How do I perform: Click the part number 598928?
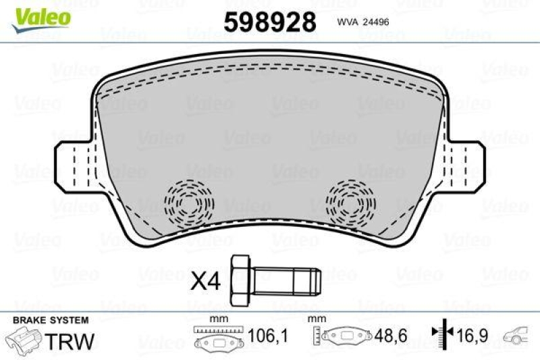point(270,22)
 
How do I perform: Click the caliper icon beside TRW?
point(22,339)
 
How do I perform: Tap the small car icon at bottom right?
point(522,335)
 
